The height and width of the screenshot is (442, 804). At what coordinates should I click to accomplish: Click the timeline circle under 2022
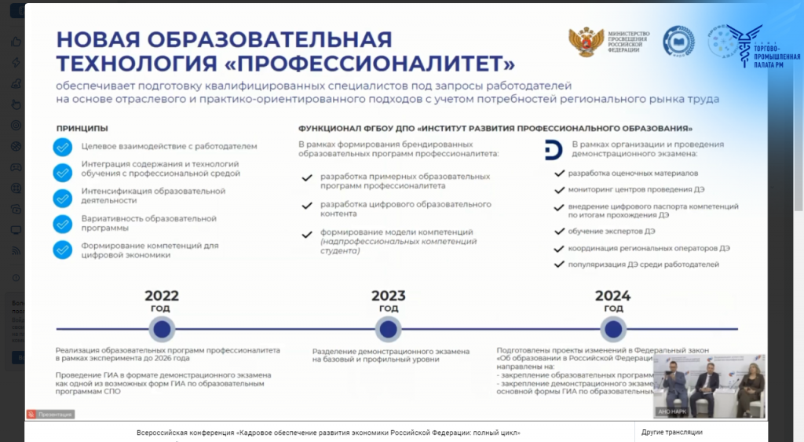coord(162,328)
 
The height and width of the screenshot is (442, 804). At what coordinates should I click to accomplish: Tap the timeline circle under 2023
coord(389,328)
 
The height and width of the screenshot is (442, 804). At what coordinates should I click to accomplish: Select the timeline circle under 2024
coord(612,328)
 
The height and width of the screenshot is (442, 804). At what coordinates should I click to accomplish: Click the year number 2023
coord(389,296)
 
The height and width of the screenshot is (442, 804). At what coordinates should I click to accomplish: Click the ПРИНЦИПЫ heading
coord(82,128)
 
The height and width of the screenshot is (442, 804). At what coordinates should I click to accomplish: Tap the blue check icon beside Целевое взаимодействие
coord(62,147)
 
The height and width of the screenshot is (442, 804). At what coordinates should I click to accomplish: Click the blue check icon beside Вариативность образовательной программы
coord(62,224)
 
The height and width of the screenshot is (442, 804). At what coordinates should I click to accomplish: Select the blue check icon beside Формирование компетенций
coord(62,250)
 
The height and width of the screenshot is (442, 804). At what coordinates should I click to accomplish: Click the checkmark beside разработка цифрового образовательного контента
coord(306,206)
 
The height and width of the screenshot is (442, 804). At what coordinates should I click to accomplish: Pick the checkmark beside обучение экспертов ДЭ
coord(559,232)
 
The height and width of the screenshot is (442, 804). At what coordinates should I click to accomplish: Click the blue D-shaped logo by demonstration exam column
coord(553,150)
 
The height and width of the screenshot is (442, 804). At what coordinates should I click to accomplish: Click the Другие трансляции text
coord(671,433)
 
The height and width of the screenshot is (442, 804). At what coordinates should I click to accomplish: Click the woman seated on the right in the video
coord(748,385)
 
